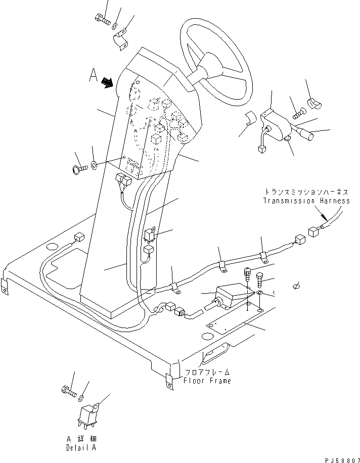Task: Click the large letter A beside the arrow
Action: (x=93, y=76)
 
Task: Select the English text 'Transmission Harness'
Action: (x=306, y=201)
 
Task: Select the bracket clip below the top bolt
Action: (x=122, y=40)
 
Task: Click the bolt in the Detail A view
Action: (x=69, y=390)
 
